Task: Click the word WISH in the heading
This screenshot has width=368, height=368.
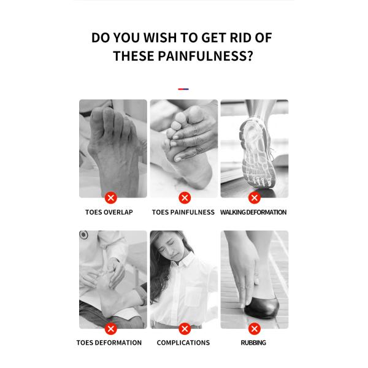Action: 159,38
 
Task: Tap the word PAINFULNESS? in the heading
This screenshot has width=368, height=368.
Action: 205,56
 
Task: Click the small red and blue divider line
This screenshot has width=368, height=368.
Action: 183,89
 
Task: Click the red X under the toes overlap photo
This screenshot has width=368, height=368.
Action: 111,198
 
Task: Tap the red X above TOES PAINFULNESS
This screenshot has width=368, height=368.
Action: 185,198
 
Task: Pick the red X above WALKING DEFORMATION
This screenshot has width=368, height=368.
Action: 255,198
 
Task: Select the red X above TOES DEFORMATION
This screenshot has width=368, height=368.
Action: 111,329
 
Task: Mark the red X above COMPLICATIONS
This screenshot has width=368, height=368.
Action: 185,329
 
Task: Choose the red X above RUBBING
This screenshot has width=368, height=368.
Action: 255,329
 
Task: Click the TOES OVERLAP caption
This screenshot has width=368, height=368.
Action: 109,212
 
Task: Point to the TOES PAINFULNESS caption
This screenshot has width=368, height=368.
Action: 183,212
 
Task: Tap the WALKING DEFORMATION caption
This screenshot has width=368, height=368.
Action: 253,212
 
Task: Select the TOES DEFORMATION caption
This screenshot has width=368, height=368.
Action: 109,343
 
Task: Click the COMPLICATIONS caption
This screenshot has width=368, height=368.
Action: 183,343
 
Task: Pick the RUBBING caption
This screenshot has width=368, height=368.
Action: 253,343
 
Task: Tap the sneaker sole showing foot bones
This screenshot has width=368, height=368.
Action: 258,153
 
